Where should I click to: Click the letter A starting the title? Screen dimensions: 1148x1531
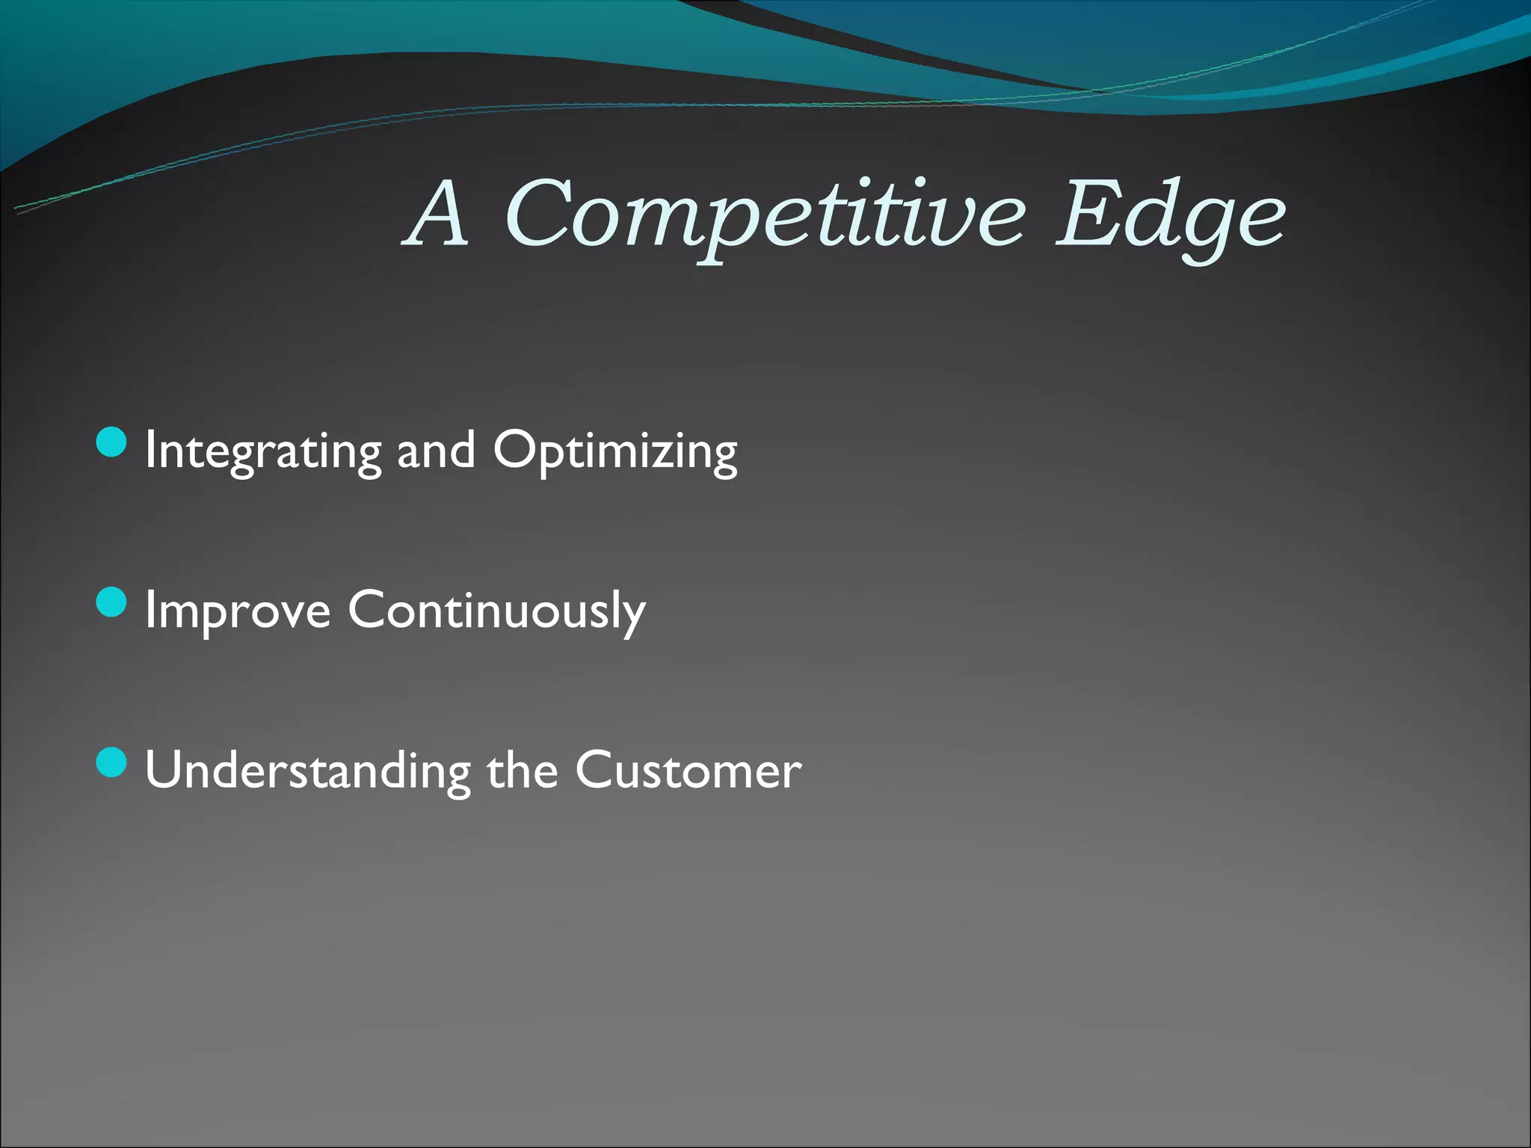[x=440, y=215]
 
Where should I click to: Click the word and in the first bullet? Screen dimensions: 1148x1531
[x=436, y=451]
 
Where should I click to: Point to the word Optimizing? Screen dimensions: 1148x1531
[x=615, y=451]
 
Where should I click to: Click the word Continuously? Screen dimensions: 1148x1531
[x=496, y=611]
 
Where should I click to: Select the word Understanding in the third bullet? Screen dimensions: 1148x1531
[x=307, y=771]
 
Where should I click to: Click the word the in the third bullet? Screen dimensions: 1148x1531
[x=523, y=771]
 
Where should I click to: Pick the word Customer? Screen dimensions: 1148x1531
[x=688, y=771]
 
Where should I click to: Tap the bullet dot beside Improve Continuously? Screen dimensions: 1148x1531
[x=112, y=602]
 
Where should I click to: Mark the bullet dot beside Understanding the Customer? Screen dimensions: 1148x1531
[x=112, y=763]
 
